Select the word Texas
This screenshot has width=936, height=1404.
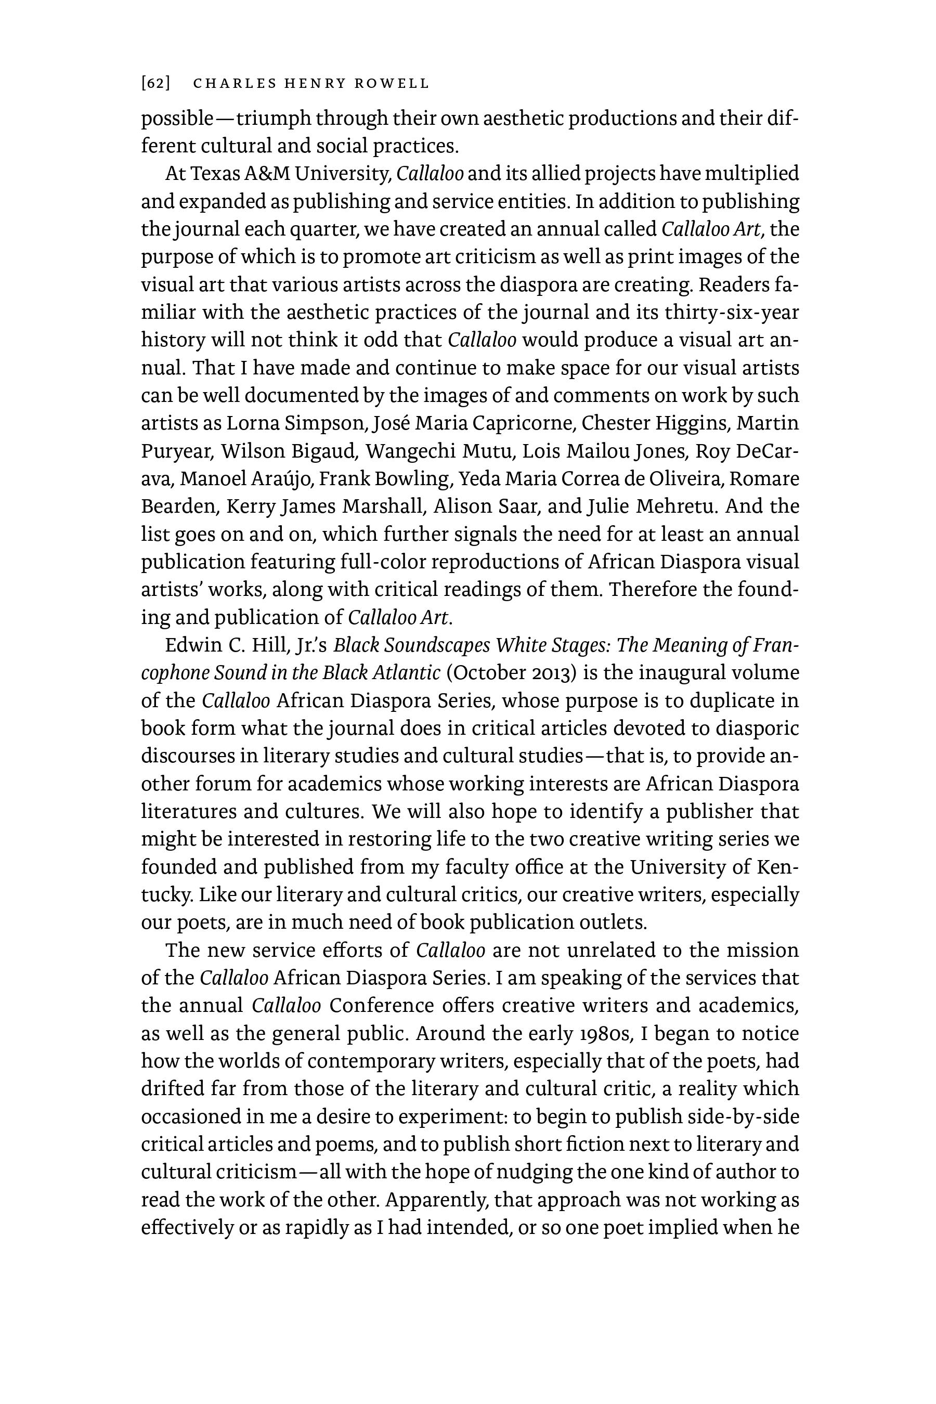(215, 174)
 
